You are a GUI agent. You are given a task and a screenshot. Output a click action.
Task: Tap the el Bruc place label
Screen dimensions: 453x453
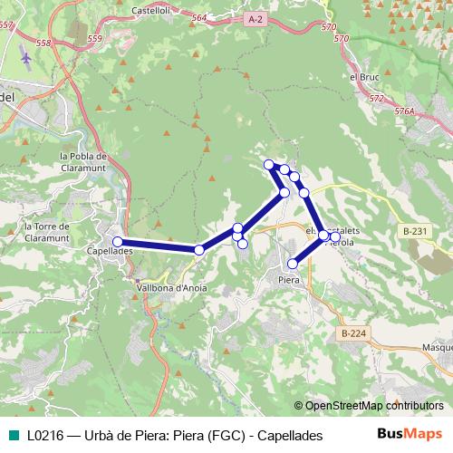click(x=363, y=78)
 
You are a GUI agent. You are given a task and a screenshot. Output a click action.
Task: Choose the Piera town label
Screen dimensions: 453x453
click(x=289, y=281)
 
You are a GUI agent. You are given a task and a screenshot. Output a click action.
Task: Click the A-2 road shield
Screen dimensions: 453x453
click(x=255, y=18)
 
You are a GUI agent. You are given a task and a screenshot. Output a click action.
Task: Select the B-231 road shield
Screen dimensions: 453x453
click(x=416, y=231)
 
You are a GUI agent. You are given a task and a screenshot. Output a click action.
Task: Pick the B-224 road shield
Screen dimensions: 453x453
click(x=354, y=333)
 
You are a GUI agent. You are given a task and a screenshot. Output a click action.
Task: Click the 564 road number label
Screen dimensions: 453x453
click(x=199, y=17)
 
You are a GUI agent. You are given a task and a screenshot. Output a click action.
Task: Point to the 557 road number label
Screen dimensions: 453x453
click(x=7, y=24)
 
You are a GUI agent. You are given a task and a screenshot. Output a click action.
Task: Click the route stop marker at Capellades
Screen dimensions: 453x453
click(x=118, y=242)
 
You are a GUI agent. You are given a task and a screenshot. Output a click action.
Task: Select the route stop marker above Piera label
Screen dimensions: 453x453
click(x=293, y=264)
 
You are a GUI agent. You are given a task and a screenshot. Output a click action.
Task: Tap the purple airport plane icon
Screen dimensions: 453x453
click(x=24, y=59)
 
